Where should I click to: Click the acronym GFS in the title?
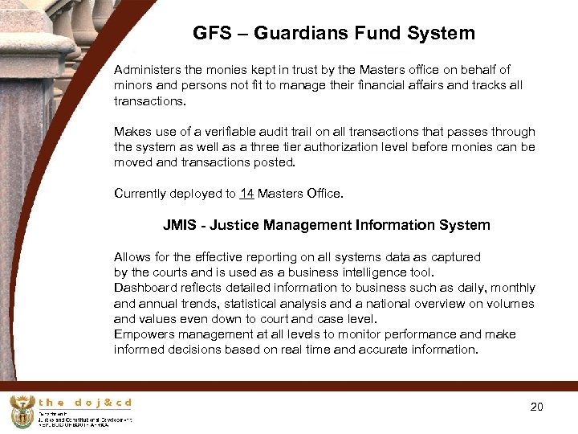[x=211, y=34]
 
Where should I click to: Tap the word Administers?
[x=149, y=70]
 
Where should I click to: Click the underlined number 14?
[x=246, y=194]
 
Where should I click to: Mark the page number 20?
[x=536, y=407]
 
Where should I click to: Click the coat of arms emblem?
[x=22, y=411]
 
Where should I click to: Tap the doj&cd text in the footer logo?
[x=85, y=402]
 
